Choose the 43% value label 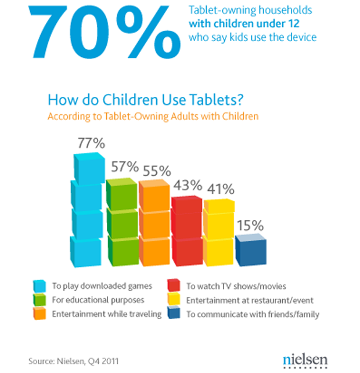[188, 186]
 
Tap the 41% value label [219, 189]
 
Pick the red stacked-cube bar [186, 230]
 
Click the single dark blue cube [250, 249]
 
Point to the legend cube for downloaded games [40, 285]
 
